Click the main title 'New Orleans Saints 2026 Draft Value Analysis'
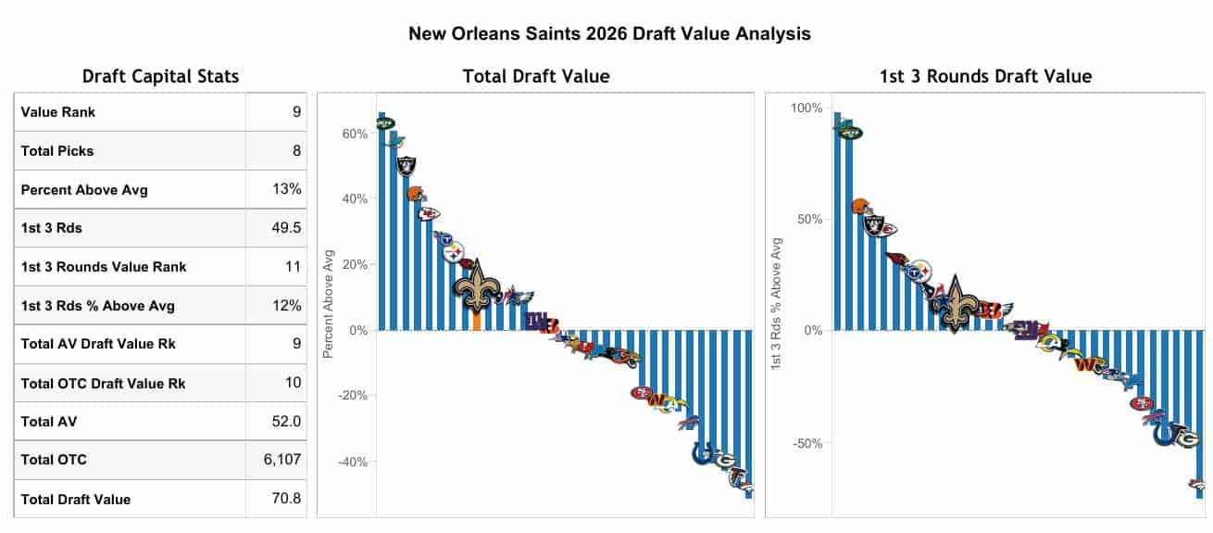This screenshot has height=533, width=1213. tap(609, 34)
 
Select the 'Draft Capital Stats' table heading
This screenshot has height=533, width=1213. tap(160, 76)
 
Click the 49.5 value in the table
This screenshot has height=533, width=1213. tap(285, 228)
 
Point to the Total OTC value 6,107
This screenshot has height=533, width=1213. tap(282, 459)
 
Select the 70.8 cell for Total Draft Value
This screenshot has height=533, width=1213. tap(285, 499)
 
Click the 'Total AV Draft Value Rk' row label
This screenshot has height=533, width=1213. tap(98, 344)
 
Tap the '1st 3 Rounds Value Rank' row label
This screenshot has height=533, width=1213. tap(104, 267)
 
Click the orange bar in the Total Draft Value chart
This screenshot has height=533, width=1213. tap(476, 320)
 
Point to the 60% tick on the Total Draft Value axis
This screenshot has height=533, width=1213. tap(356, 133)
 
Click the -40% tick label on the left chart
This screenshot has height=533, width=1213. tap(352, 462)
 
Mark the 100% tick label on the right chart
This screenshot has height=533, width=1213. tap(806, 108)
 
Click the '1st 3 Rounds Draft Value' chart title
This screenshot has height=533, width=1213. tap(985, 76)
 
